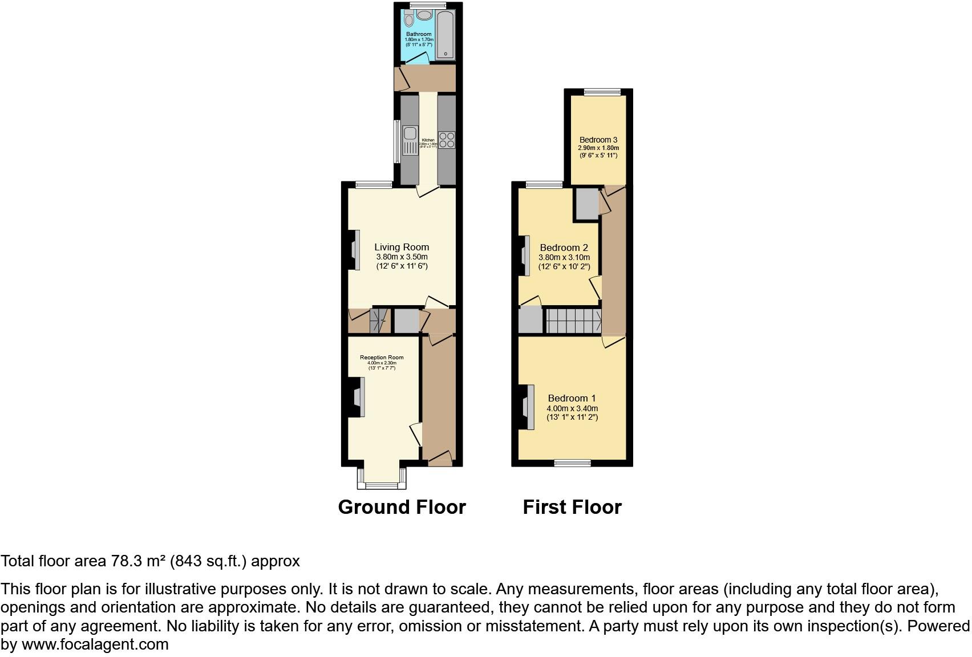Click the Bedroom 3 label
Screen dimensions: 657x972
(x=598, y=140)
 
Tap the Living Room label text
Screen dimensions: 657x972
(x=402, y=247)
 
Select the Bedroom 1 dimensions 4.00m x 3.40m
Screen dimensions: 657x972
(x=572, y=408)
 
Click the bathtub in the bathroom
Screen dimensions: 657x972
(x=445, y=35)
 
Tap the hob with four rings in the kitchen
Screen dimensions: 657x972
(x=446, y=140)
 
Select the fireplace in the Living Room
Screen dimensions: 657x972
(x=354, y=249)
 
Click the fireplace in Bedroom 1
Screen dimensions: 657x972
(x=529, y=407)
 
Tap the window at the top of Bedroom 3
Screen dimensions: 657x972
(x=602, y=91)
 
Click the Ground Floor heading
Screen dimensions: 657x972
(x=402, y=507)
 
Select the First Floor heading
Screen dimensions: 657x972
(x=572, y=507)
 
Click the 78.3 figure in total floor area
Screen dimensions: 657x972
(x=127, y=561)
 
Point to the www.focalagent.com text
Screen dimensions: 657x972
(x=95, y=644)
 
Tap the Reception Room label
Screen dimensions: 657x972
(x=381, y=358)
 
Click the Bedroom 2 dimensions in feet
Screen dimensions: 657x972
(x=564, y=266)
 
